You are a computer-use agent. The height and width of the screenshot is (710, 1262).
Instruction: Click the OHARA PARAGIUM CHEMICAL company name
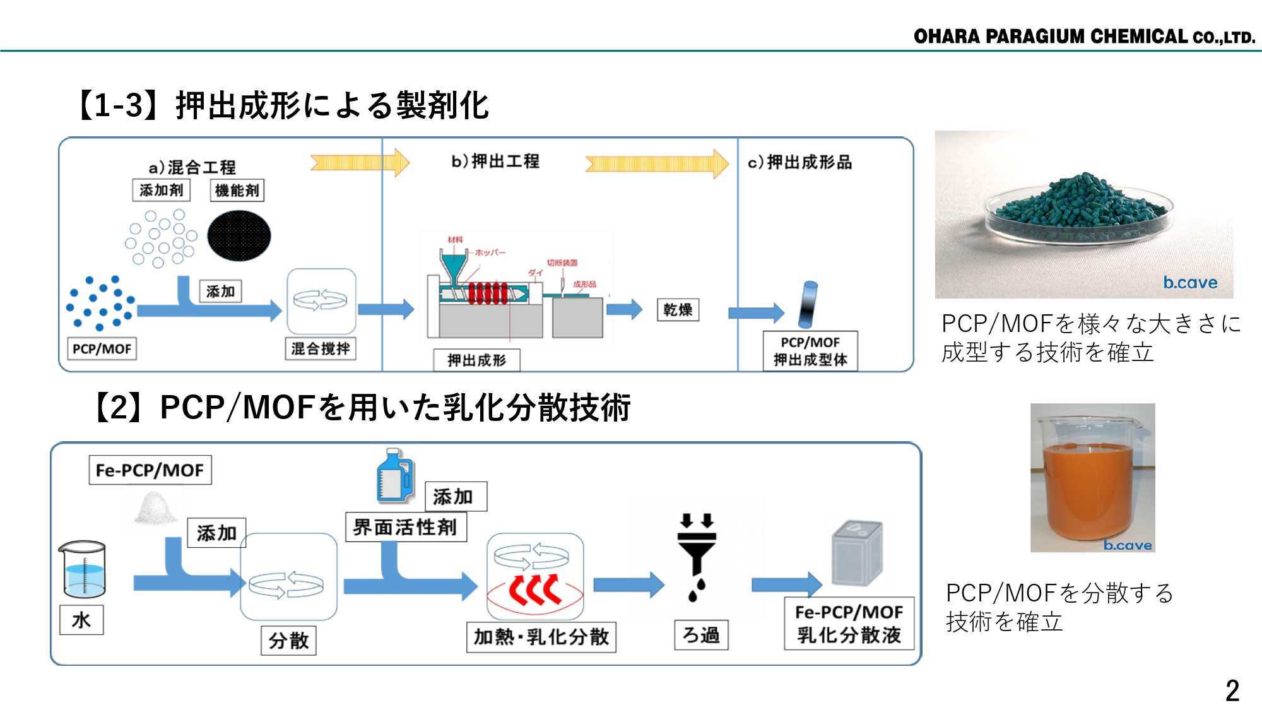point(1083,37)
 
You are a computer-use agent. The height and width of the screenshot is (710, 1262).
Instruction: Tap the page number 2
point(1232,690)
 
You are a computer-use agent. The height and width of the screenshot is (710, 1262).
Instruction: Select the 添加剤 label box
point(161,190)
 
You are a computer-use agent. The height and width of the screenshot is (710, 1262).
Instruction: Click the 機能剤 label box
point(237,191)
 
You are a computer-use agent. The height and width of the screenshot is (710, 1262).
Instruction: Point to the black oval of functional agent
point(239,236)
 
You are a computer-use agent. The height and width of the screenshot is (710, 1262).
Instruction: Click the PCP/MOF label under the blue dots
point(102,349)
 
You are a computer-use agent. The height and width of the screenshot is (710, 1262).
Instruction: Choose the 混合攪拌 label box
point(321,348)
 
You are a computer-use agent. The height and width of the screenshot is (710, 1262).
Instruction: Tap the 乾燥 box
point(678,310)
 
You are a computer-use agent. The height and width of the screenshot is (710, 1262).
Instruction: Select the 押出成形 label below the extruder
point(476,360)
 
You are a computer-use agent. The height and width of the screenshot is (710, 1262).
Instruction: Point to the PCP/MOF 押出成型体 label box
point(810,351)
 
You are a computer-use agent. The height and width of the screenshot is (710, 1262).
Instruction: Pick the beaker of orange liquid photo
point(1092,478)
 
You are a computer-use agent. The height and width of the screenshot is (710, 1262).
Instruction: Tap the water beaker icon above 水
point(83,569)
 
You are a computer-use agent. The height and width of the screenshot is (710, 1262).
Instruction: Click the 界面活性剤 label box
point(405,527)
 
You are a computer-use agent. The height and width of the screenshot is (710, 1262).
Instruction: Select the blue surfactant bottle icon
point(394,476)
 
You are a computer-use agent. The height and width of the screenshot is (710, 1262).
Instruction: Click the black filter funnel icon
point(696,555)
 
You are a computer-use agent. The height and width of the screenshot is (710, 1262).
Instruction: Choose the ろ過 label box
point(701,635)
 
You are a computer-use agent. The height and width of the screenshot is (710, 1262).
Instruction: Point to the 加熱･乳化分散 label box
point(541,637)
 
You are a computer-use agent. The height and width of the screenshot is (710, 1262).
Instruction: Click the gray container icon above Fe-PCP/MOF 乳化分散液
point(856,553)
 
